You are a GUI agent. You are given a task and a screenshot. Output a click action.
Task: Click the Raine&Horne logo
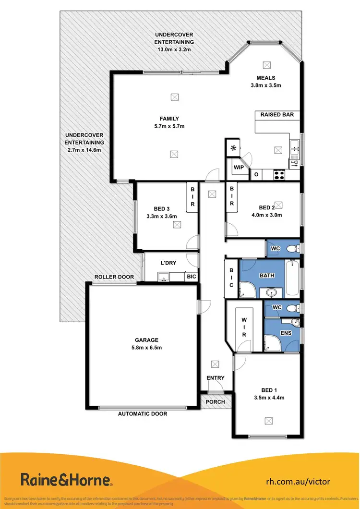[x=66, y=480]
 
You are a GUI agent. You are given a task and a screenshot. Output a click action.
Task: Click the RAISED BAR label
[x=277, y=115]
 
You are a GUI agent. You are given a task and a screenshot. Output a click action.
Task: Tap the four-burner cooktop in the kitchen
[x=278, y=175]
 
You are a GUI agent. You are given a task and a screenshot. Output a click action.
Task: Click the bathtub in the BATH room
[x=292, y=279]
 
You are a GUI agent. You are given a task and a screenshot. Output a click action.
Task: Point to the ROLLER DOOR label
[x=114, y=277]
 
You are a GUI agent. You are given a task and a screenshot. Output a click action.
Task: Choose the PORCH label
[x=215, y=402]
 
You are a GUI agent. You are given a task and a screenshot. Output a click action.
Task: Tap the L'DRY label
[x=169, y=264]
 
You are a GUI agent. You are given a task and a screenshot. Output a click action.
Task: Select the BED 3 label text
[x=162, y=208]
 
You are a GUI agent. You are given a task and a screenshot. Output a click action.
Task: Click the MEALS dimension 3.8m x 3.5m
[x=265, y=85]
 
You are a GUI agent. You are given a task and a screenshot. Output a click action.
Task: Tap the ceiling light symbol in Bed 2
[x=278, y=204]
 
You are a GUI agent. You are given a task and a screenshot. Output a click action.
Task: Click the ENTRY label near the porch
[x=215, y=378]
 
